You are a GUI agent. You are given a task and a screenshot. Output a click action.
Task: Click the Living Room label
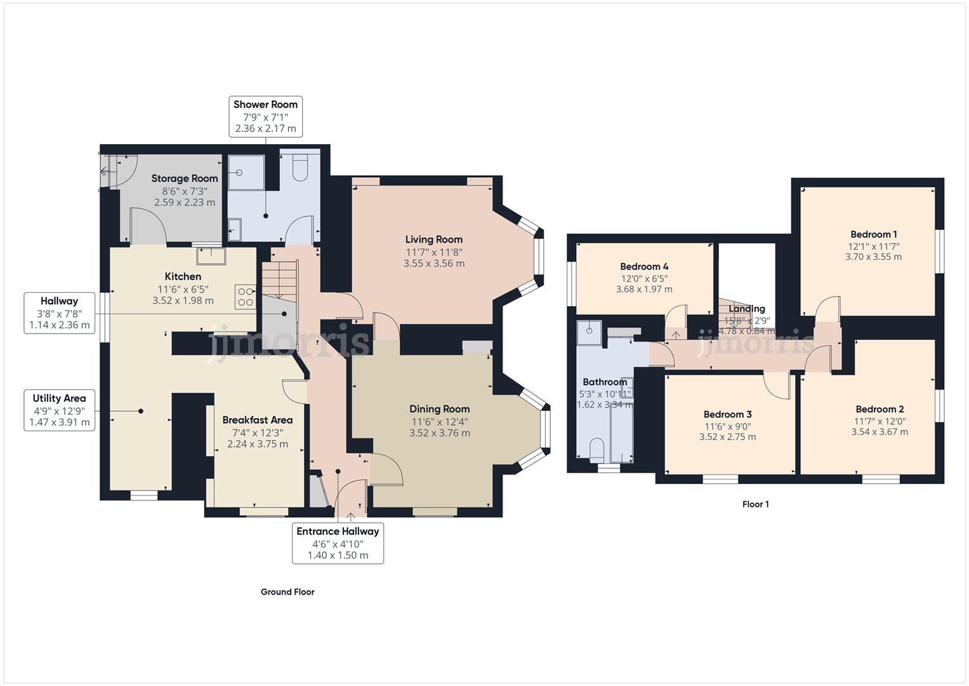coord(433,239)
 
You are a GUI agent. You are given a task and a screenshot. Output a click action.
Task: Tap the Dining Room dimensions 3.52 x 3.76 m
coord(439,433)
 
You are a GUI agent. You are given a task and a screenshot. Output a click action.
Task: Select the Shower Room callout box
coord(265,116)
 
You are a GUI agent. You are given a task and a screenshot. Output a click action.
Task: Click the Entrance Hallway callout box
coord(338,543)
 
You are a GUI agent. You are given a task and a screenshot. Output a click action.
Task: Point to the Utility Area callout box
coord(59,410)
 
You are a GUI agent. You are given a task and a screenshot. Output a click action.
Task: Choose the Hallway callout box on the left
coord(59,313)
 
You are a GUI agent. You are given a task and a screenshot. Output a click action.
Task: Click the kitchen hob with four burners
coord(246,297)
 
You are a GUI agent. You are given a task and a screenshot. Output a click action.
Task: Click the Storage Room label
coord(184,178)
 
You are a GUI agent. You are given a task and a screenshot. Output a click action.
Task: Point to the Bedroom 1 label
coord(873,234)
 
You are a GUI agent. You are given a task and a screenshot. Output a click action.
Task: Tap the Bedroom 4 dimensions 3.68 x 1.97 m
coord(643,289)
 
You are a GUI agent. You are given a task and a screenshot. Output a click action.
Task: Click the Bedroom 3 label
coord(727,414)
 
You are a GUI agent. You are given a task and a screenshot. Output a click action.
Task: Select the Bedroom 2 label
coord(880,409)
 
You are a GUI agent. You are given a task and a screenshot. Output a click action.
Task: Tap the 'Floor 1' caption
coord(755,504)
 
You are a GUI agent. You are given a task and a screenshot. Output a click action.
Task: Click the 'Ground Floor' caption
coord(287,592)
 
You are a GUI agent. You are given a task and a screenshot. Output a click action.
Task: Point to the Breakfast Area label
coord(257,420)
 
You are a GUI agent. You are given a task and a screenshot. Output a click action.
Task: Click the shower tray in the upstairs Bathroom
coord(590,330)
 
